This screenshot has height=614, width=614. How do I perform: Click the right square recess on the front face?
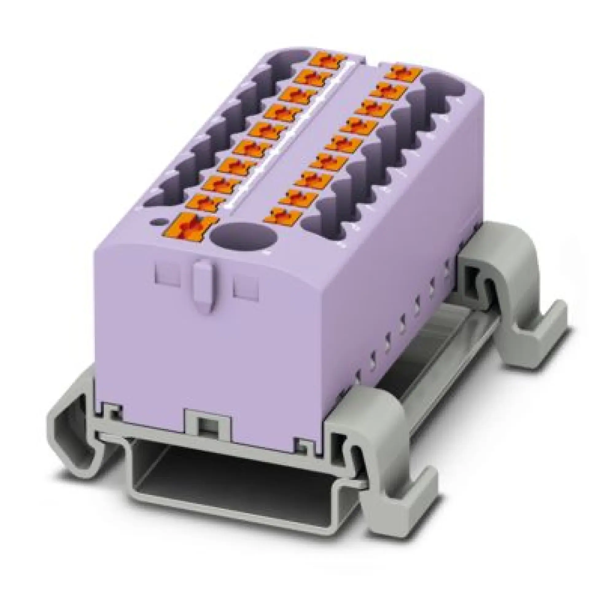[x=246, y=287]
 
